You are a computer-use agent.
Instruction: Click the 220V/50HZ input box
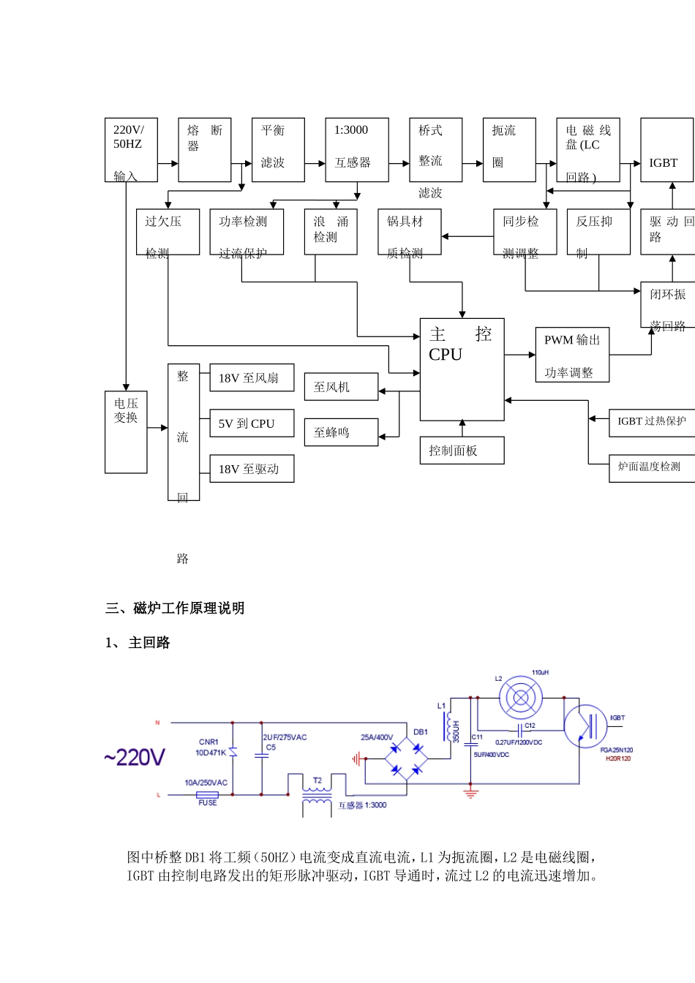[131, 150]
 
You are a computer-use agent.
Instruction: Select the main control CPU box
[462, 369]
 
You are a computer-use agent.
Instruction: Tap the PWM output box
[572, 355]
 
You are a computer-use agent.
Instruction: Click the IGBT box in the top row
[666, 150]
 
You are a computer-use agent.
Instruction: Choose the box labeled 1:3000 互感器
[356, 150]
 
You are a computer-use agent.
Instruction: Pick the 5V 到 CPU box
[252, 423]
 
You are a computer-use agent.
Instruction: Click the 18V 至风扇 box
[252, 378]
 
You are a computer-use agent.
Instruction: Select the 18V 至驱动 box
[252, 469]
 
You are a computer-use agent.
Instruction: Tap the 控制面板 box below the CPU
[462, 451]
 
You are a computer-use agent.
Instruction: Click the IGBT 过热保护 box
[651, 421]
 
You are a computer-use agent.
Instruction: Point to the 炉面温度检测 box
[651, 467]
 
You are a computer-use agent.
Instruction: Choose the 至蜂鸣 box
[341, 432]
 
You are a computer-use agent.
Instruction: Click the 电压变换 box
[126, 432]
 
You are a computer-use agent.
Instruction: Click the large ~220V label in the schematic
[135, 758]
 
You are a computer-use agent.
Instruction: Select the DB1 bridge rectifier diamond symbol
[407, 759]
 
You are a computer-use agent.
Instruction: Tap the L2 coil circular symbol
[521, 697]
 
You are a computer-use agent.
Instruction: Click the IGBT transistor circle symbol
[585, 726]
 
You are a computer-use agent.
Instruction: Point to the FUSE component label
[208, 802]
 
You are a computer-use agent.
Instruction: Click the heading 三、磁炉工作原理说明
[175, 609]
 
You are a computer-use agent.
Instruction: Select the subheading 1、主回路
[138, 643]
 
